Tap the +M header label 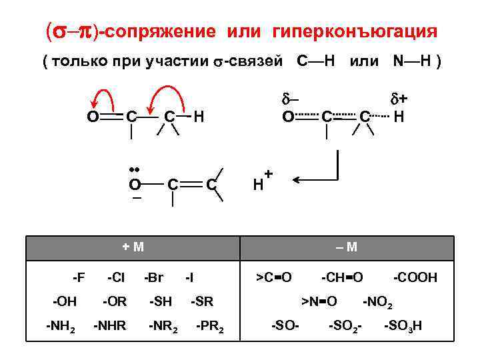pos(134,247)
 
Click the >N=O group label pos(319,301)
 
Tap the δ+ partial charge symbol pos(399,99)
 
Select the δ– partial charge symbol pos(289,99)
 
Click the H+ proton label pos(262,181)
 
